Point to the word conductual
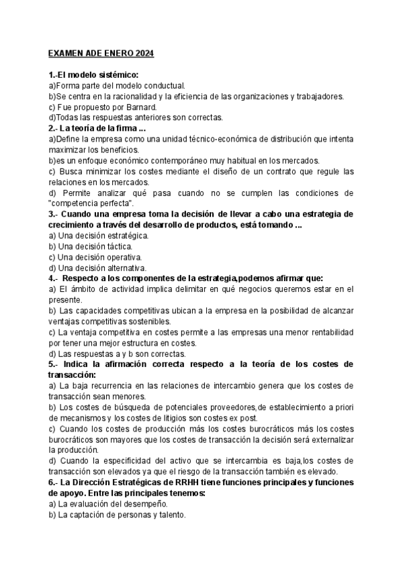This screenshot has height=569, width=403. [x=164, y=86]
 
